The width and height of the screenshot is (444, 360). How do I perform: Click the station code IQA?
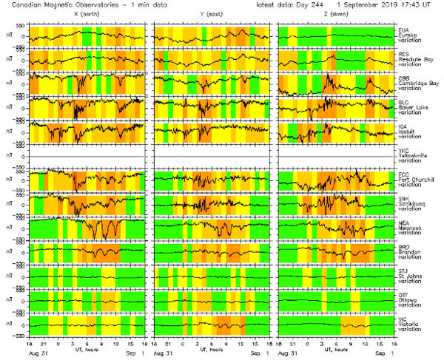[403, 126]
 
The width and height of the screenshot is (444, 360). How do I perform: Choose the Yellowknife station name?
[414, 155]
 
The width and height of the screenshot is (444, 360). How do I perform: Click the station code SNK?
[403, 199]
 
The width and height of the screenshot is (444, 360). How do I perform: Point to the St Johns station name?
[411, 276]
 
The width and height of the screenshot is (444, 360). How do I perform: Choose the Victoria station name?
[409, 325]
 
